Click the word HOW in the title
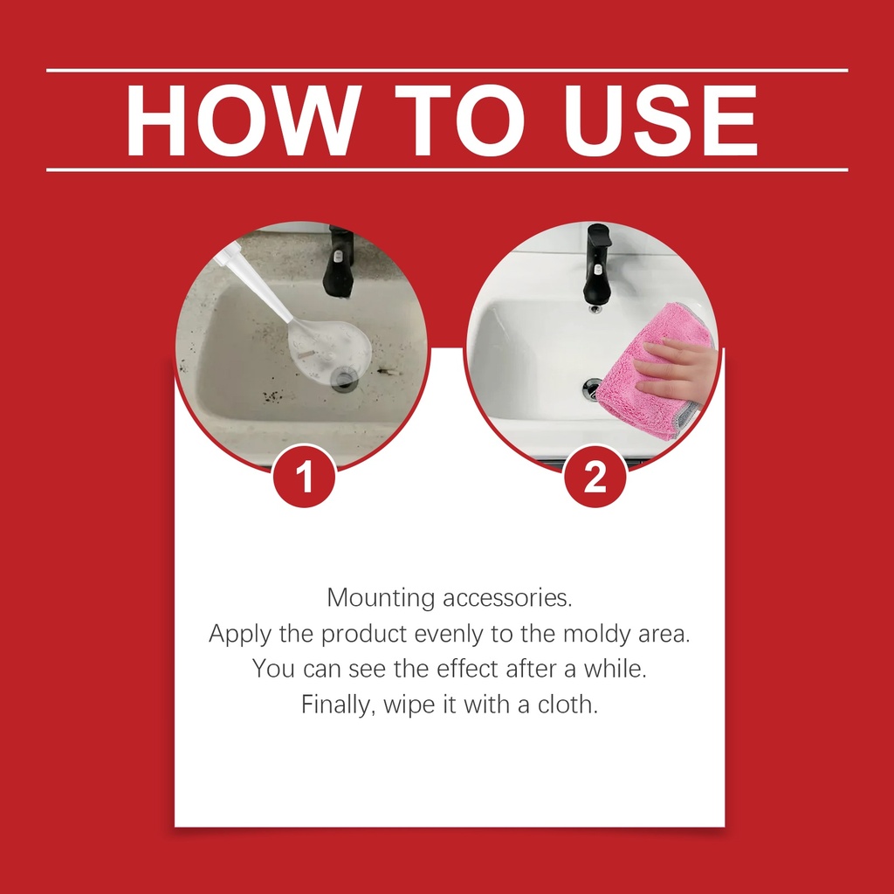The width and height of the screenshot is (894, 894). coord(243,120)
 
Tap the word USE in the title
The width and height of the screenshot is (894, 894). coord(660,120)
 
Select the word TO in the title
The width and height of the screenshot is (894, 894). coord(459,120)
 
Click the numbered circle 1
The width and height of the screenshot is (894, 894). coord(305,476)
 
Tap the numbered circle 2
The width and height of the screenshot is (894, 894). coord(595,476)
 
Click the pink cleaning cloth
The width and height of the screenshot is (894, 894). coord(650,370)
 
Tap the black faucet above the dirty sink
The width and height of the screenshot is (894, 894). coord(339,262)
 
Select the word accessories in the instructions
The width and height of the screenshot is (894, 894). coord(507,598)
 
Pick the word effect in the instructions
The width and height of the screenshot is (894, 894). coord(469,669)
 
